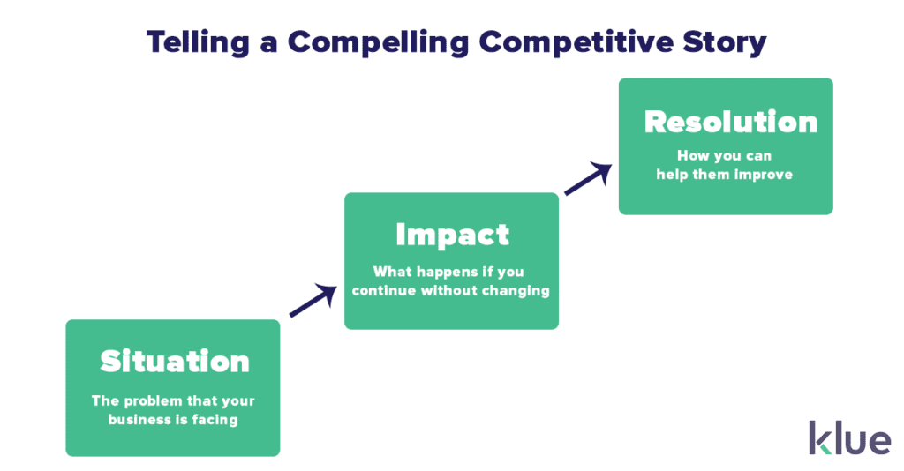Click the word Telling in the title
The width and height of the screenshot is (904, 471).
pyautogui.click(x=198, y=43)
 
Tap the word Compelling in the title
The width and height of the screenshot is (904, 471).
pyautogui.click(x=378, y=43)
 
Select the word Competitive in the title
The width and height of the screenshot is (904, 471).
pyautogui.click(x=576, y=43)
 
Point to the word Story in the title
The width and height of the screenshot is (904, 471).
pyautogui.click(x=725, y=43)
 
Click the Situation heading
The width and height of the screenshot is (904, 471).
pyautogui.click(x=175, y=362)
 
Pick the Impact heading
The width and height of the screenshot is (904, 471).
pyautogui.click(x=453, y=235)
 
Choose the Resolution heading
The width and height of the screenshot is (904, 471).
pyautogui.click(x=731, y=122)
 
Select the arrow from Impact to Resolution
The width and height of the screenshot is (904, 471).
pyautogui.click(x=588, y=179)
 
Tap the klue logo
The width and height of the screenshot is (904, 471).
pyautogui.click(x=850, y=438)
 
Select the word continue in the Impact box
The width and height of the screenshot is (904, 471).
pyautogui.click(x=384, y=291)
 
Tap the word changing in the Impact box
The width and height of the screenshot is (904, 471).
pyautogui.click(x=516, y=291)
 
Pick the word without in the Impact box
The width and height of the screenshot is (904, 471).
pyautogui.click(x=448, y=291)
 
